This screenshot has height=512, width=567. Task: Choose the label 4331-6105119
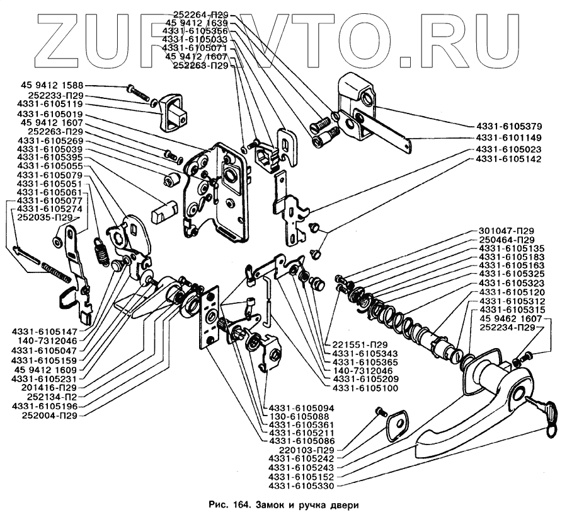[x=50, y=105]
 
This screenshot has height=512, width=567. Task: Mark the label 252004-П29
[x=53, y=416]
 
